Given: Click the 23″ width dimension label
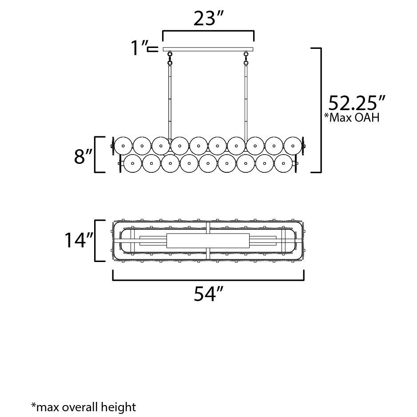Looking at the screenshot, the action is coord(208,19).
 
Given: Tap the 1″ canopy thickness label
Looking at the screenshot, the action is coord(139,48).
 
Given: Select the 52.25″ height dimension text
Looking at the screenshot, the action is coord(357,103).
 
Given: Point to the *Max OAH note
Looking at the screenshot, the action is coord(352,117).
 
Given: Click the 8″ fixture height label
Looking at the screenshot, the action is coord(83,156).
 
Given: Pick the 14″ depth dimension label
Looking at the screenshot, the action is coord(79,240).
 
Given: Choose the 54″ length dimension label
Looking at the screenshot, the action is coord(208,294).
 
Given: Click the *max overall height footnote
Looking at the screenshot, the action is coord(84,407).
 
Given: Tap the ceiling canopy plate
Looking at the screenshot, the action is coord(208,49).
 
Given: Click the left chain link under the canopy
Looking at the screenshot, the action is coord(170,58).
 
